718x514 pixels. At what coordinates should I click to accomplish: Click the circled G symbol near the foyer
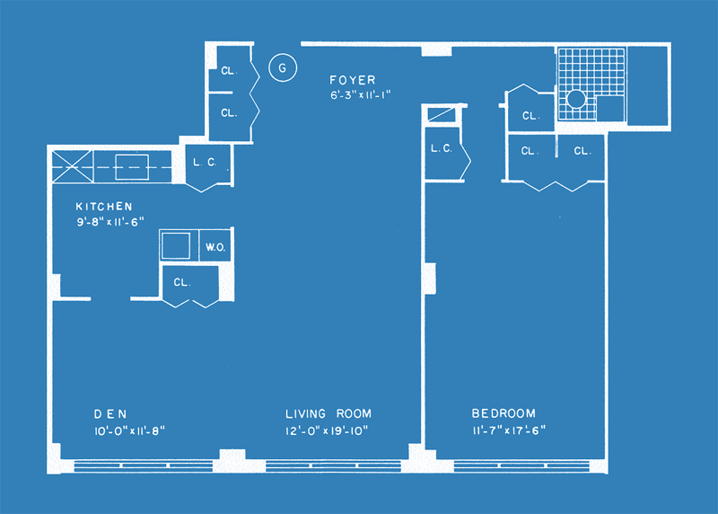coord(283,68)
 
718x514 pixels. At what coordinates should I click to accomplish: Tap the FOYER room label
coord(353,80)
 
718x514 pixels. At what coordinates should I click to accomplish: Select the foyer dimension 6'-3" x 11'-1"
coord(361,95)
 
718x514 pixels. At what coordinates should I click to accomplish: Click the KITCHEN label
coord(104,207)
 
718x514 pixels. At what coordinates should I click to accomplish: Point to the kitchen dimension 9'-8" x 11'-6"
coord(109,222)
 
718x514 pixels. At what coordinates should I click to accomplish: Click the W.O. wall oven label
coord(215,248)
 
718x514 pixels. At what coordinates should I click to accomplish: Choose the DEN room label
coord(110,414)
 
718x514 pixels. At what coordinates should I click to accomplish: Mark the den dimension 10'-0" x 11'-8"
coord(129,431)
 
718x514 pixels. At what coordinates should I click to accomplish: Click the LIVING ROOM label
coord(328,413)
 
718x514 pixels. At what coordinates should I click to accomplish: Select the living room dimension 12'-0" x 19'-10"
coord(327,431)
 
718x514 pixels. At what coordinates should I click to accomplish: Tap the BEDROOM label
coord(503,413)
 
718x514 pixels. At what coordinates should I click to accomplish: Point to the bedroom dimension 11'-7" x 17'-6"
coord(509,430)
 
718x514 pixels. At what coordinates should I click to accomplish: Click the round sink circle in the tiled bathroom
coord(576,99)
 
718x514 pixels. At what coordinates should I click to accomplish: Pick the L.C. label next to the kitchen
coord(205,162)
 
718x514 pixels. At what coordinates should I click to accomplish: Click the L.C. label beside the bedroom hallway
coord(442,148)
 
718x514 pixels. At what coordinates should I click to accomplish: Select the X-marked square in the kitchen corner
coord(73,167)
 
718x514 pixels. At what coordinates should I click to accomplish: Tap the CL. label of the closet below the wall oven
coord(182,282)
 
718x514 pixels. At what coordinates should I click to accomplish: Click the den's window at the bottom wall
coord(144,465)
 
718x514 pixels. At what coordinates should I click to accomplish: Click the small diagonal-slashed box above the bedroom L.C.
coord(442,114)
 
